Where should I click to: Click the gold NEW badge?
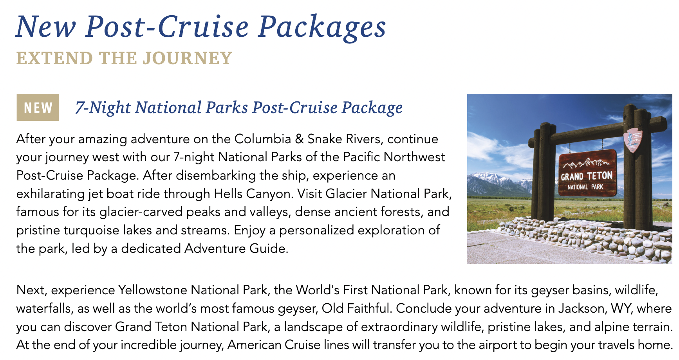[38, 107]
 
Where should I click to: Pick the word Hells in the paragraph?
[227, 194]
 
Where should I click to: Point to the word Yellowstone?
[153, 290]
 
